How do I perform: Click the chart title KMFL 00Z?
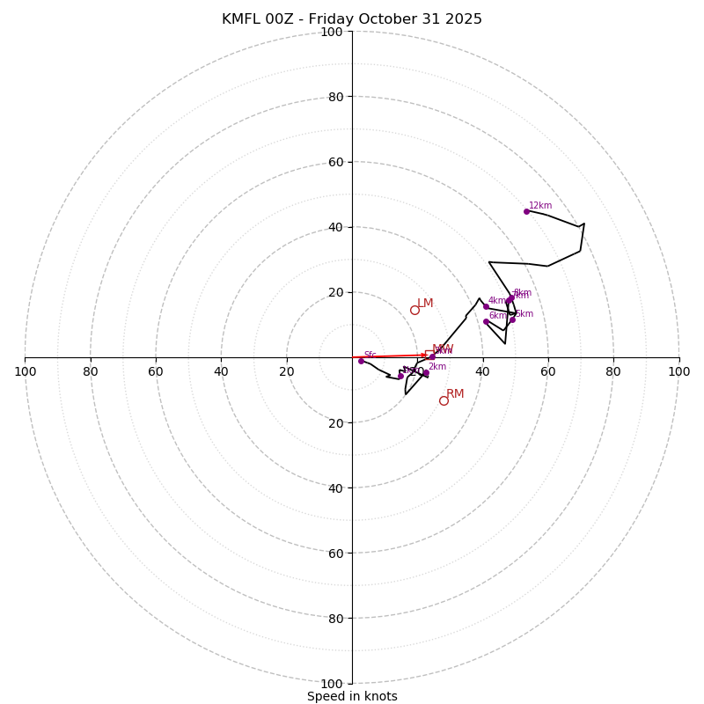pos(352,19)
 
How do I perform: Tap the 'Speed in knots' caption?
pos(352,696)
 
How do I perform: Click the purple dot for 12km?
pos(526,211)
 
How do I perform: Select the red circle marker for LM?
pos(414,310)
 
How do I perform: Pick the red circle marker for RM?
pos(444,400)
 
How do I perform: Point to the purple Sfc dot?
pos(361,361)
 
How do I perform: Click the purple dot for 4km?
pos(486,306)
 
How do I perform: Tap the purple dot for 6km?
pos(486,321)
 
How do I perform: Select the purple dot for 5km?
pos(512,319)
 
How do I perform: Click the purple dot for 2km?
pos(426,373)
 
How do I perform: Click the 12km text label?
pos(540,206)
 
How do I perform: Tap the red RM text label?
pos(455,394)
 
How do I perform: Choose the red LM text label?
pos(425,304)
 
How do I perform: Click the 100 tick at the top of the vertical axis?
pos(332,32)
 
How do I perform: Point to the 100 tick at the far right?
pos(678,371)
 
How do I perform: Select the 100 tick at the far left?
pos(26,371)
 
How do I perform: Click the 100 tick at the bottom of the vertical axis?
pos(332,683)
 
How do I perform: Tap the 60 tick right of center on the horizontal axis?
pos(548,371)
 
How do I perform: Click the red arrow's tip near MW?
pos(428,355)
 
